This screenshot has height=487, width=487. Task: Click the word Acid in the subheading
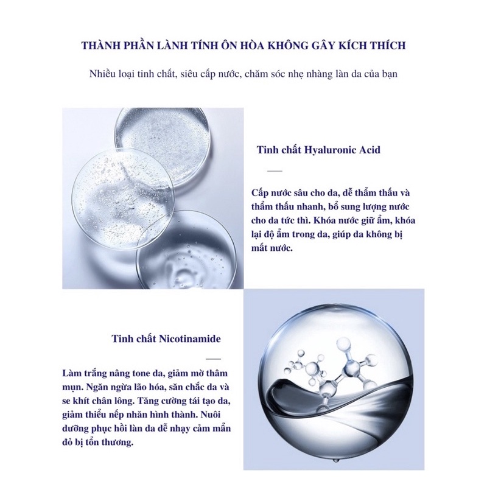coord(370,149)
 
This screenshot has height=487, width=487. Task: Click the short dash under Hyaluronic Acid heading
coord(275,170)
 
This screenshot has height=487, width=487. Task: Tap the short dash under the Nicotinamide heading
coord(214,360)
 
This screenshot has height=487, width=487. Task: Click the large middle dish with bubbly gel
coord(122,195)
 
